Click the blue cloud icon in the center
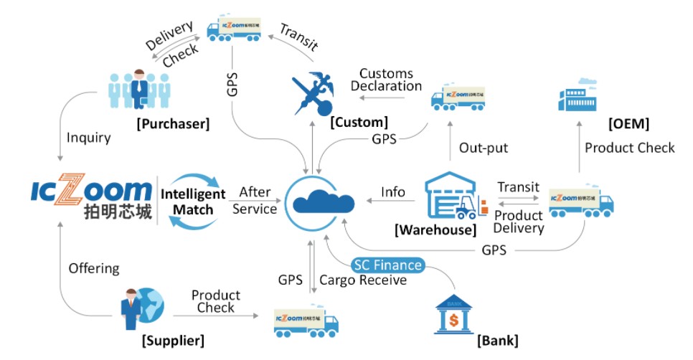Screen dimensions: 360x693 point(320,194)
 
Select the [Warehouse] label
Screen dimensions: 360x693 point(434,230)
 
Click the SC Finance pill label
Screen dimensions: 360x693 point(388,265)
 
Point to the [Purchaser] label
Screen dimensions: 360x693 point(172,124)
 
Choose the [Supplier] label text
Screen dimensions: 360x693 point(171,340)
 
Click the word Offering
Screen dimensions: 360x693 point(93,268)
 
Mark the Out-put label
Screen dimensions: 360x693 point(484,148)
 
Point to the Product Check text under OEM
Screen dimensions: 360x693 point(629,148)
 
